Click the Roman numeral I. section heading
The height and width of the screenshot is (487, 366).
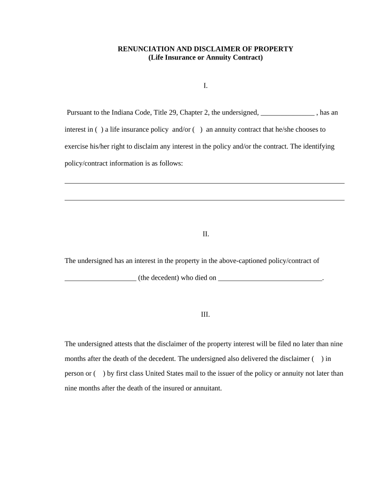(205, 86)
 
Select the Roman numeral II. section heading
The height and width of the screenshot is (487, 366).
(205, 234)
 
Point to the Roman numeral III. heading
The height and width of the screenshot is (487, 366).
(205, 315)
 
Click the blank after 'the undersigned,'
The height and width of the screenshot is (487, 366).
(288, 113)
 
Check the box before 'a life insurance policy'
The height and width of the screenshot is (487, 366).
(99, 129)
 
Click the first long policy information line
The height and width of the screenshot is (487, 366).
(204, 183)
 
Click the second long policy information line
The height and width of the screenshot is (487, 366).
(204, 200)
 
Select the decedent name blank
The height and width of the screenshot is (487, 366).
(100, 278)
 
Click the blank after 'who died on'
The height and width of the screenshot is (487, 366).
(270, 278)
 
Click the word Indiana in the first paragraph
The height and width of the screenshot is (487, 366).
(123, 113)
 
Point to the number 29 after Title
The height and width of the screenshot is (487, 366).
(173, 113)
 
